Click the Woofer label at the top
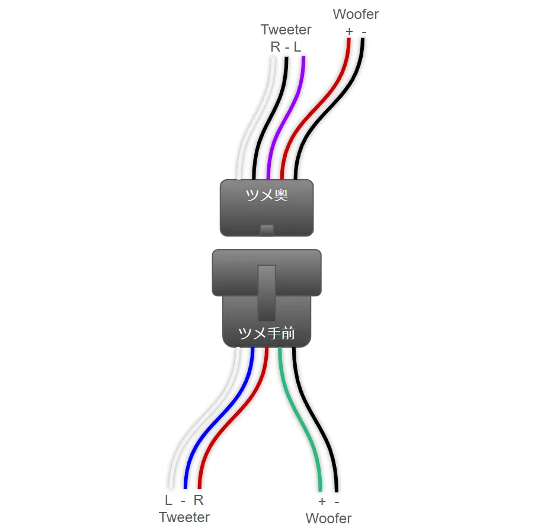coord(356,14)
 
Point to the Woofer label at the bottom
coord(328,518)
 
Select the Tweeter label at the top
coord(286,30)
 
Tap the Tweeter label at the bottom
coord(184,517)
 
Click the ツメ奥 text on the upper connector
coord(267,195)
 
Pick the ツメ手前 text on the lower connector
coord(266,333)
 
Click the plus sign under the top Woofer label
coord(349,31)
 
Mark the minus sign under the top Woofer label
coord(364,31)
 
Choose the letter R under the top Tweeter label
coord(275,46)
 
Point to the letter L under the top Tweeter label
coord(298,46)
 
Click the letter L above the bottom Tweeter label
coord(169,500)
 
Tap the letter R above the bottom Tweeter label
coord(199,500)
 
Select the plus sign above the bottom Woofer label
coord(322,502)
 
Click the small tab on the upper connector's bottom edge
coord(267,230)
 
